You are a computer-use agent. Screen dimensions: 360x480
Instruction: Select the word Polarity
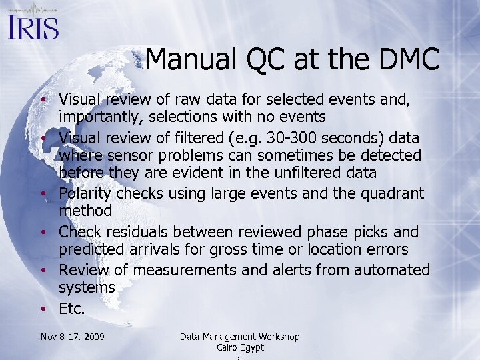[x=85, y=193]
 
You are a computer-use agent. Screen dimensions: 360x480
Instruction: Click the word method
[x=85, y=211]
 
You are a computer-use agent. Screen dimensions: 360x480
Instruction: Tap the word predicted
[x=93, y=250]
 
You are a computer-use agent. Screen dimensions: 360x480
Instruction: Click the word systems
[x=87, y=288]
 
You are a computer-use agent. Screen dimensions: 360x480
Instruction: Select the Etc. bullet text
[x=72, y=309]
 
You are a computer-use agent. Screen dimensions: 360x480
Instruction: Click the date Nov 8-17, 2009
[x=72, y=337]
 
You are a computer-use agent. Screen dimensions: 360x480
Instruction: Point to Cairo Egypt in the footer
[x=240, y=347]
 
